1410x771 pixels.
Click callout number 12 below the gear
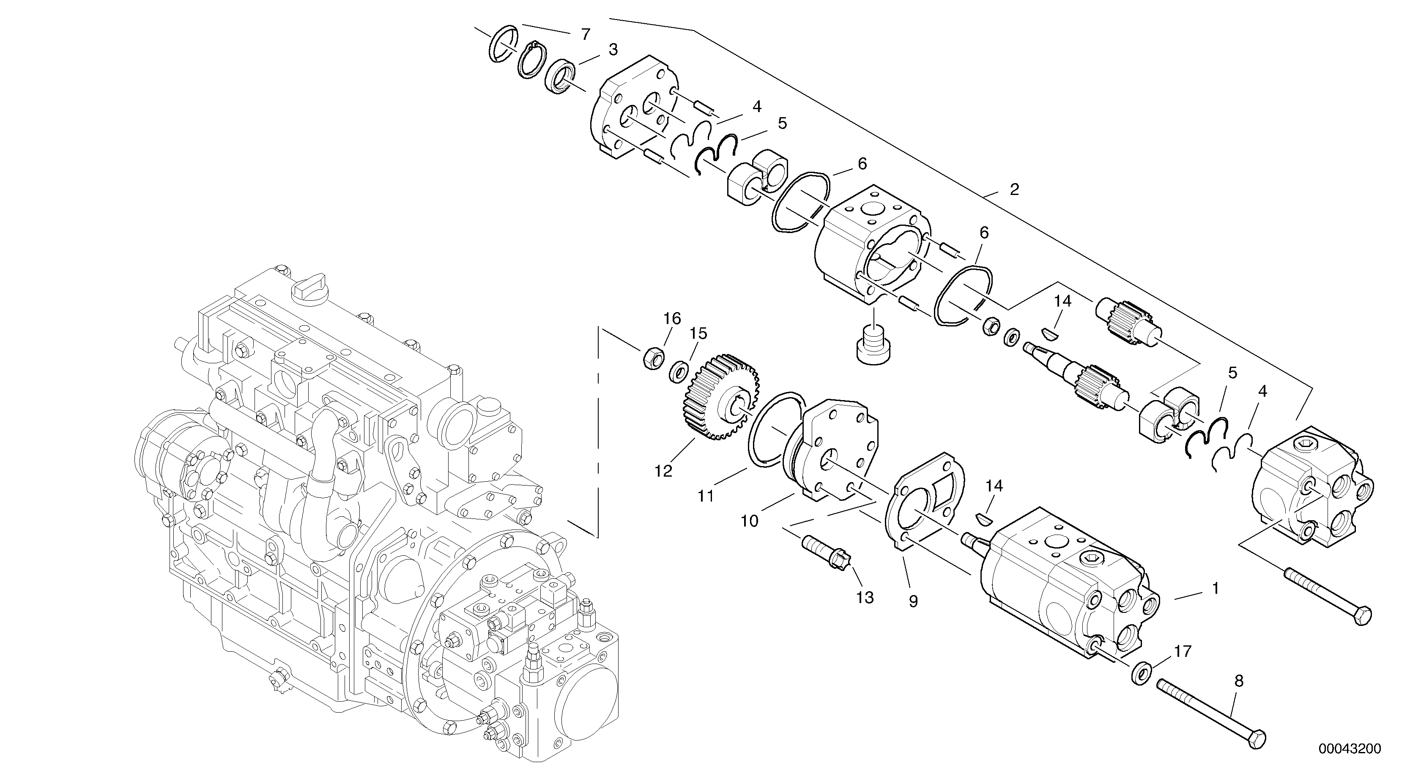tap(663, 470)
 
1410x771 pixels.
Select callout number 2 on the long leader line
tap(1014, 190)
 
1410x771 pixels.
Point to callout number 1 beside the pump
tap(1215, 589)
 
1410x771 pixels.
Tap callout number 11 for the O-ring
tap(706, 496)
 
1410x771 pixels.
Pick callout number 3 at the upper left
tap(613, 50)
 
